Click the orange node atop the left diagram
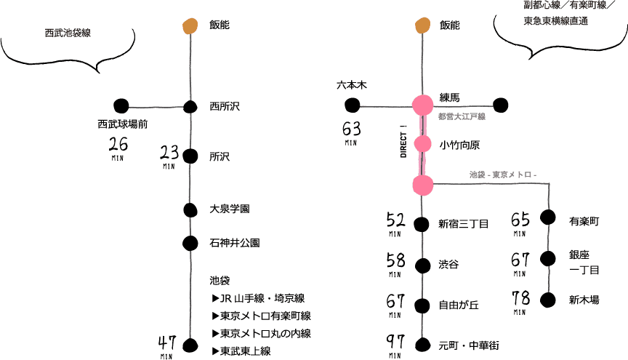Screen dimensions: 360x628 pyautogui.click(x=190, y=26)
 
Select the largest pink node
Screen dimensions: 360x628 pyautogui.click(x=422, y=105)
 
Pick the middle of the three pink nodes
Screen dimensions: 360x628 pyautogui.click(x=422, y=144)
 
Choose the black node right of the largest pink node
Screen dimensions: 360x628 pyautogui.click(x=502, y=105)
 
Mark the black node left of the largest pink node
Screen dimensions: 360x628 pyautogui.click(x=352, y=105)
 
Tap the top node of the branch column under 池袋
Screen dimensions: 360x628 pyautogui.click(x=550, y=220)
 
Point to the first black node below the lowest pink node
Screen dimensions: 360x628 pyautogui.click(x=422, y=222)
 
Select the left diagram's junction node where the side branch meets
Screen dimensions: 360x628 pyautogui.click(x=190, y=108)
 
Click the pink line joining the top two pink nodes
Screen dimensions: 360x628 pyautogui.click(x=422, y=125)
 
